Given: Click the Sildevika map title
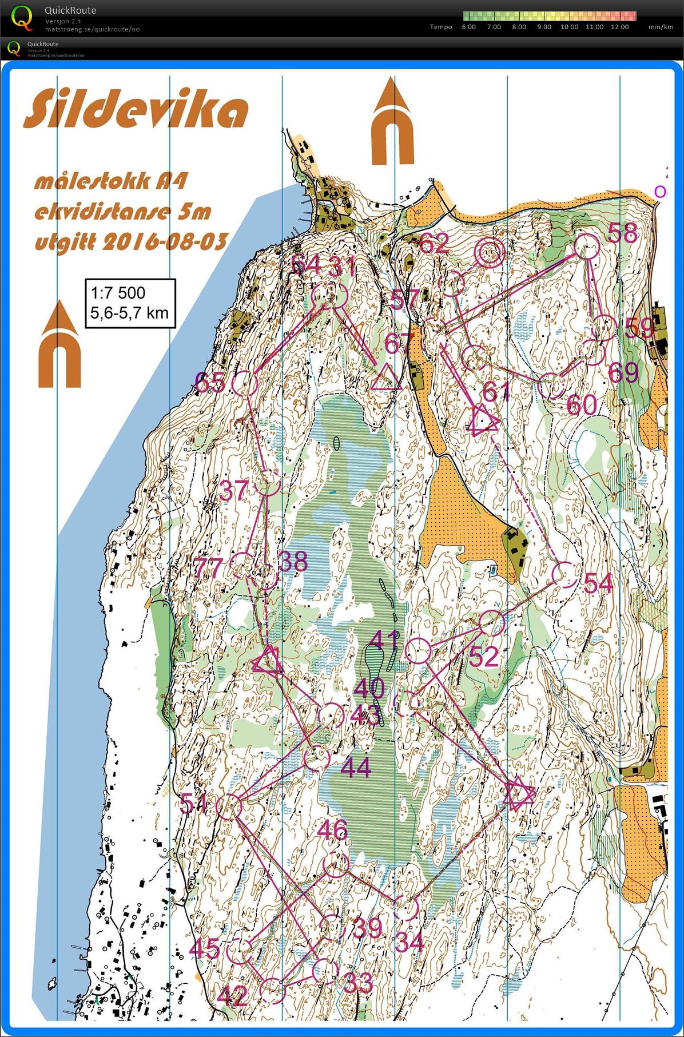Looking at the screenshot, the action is [136, 110].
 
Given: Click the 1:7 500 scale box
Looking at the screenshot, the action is [130, 303].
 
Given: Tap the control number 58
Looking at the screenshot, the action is [622, 233].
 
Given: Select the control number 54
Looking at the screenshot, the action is [598, 583].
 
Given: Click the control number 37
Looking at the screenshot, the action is [234, 490].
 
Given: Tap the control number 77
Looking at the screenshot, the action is [208, 568].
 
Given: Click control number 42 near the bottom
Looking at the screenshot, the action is [233, 996].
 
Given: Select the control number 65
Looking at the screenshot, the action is [210, 382].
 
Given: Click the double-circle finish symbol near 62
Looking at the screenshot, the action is [490, 253].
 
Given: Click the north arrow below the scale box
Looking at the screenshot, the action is [59, 345].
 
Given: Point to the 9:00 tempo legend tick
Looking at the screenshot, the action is [544, 27].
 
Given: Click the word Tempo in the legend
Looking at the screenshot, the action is [440, 27].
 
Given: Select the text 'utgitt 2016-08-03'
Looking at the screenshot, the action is [131, 241].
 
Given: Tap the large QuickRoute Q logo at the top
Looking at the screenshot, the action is [22, 17].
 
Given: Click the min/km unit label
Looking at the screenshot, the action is [661, 27].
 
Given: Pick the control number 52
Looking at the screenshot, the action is [484, 657].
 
